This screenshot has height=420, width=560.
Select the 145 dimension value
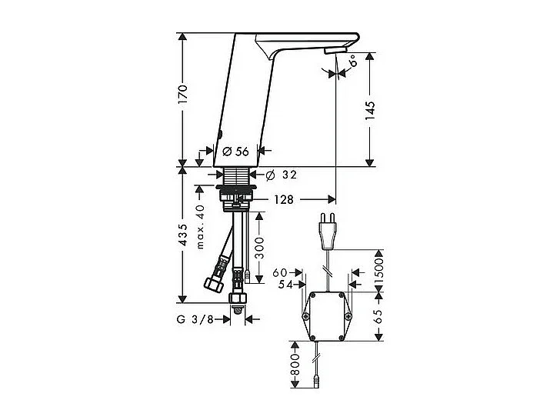pyautogui.click(x=370, y=110)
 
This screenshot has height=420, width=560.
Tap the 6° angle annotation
pyautogui.click(x=352, y=58)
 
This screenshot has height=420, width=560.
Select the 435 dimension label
pyautogui.click(x=182, y=235)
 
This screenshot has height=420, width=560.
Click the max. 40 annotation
pyautogui.click(x=200, y=226)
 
